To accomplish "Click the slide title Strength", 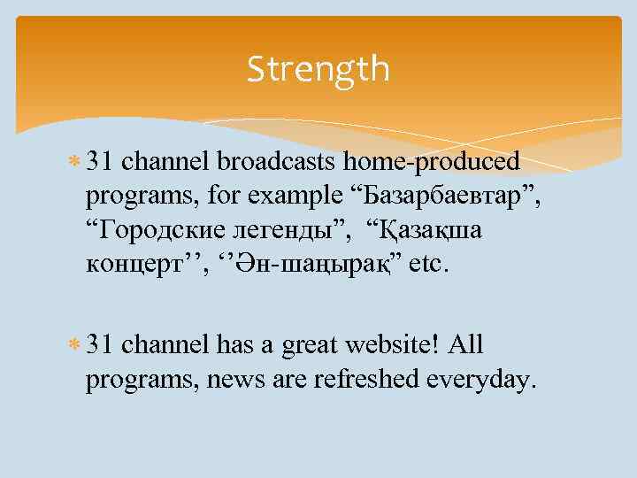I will pos(318,68).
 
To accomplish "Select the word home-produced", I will pos(432,162).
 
